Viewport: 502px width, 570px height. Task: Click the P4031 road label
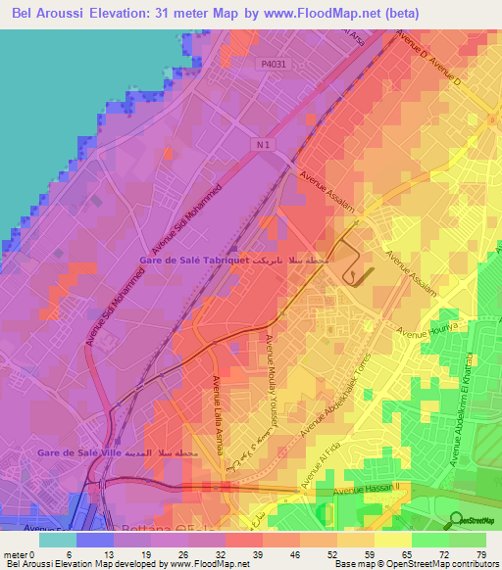(275, 65)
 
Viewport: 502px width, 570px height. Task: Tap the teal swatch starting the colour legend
(57, 539)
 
